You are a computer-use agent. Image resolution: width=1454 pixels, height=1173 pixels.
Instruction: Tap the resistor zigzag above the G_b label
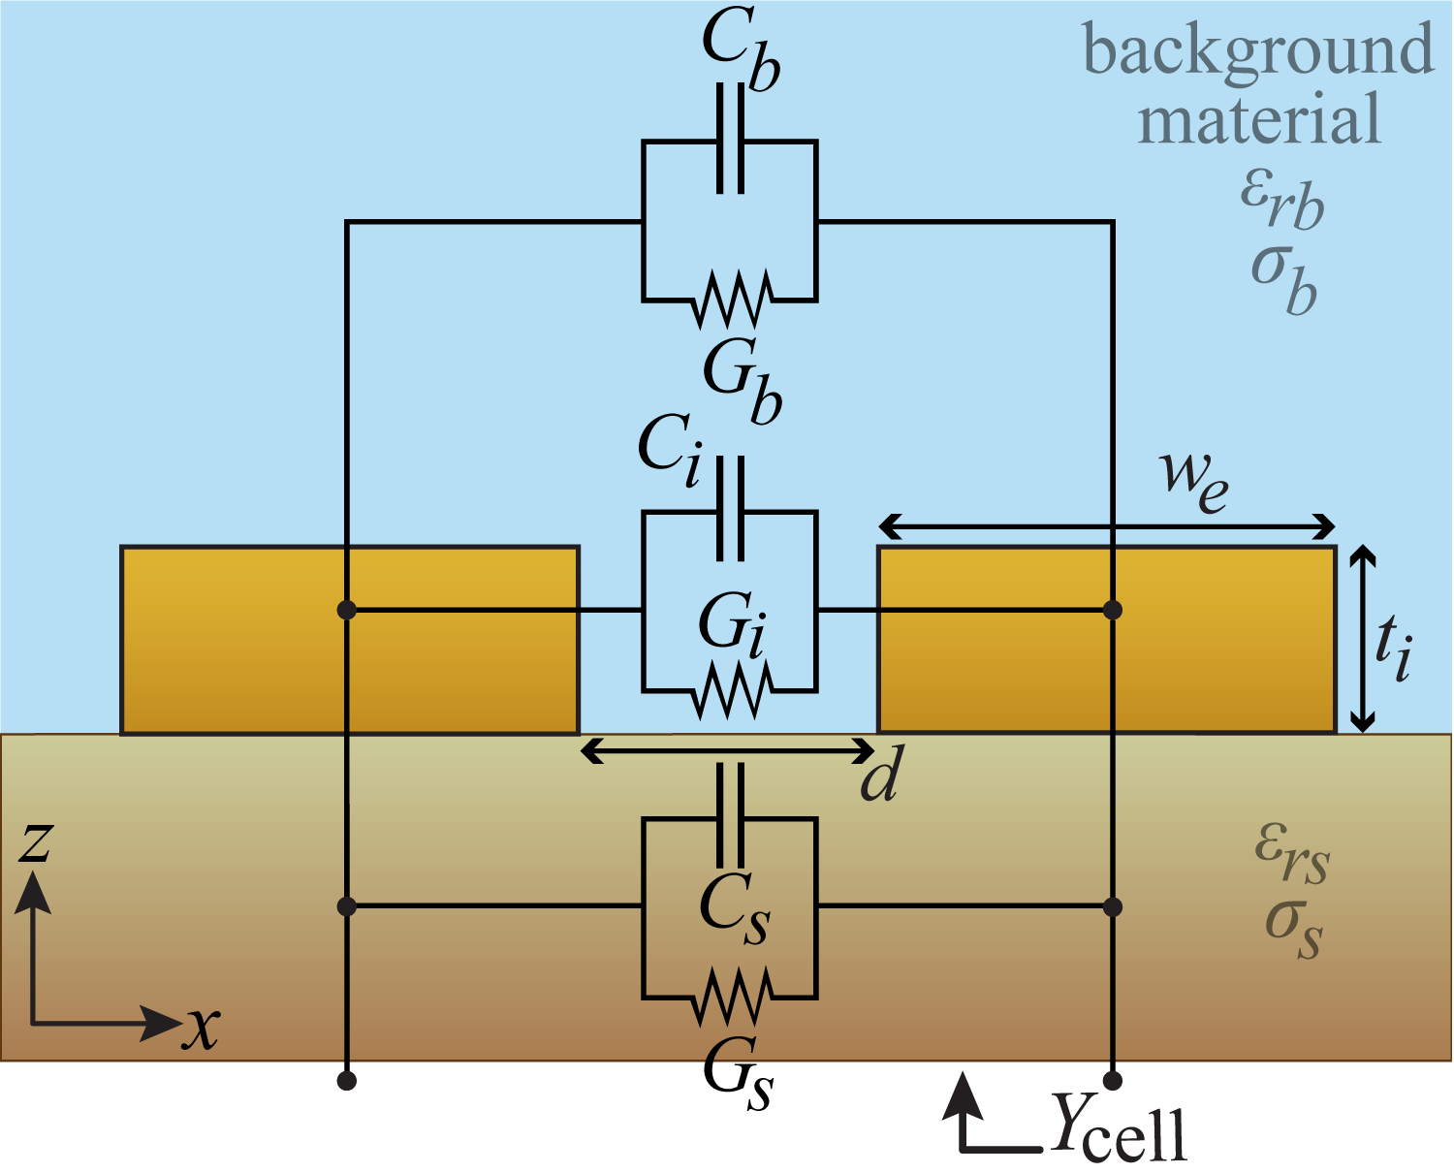point(730,300)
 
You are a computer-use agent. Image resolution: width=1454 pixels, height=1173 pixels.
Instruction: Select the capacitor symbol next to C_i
point(730,509)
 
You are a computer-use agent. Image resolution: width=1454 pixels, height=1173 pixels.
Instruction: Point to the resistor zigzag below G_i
point(730,690)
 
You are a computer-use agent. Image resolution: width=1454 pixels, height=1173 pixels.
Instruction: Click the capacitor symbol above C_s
point(730,815)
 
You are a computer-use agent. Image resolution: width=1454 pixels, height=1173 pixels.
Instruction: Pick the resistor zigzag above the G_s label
point(730,997)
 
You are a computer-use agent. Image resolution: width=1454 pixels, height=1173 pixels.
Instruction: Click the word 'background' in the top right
point(1256,50)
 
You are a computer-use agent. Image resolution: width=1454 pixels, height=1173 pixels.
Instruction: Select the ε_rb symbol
point(1281,198)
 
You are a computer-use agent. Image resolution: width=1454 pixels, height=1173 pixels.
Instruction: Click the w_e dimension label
point(1193,478)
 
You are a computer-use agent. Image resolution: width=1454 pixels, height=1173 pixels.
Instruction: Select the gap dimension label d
point(881,776)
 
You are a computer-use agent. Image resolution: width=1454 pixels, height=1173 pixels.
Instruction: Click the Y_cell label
point(1119,1127)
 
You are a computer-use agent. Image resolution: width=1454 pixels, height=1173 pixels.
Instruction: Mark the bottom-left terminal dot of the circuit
point(347,1080)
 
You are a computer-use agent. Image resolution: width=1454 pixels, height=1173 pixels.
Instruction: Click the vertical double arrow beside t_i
point(1363,639)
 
